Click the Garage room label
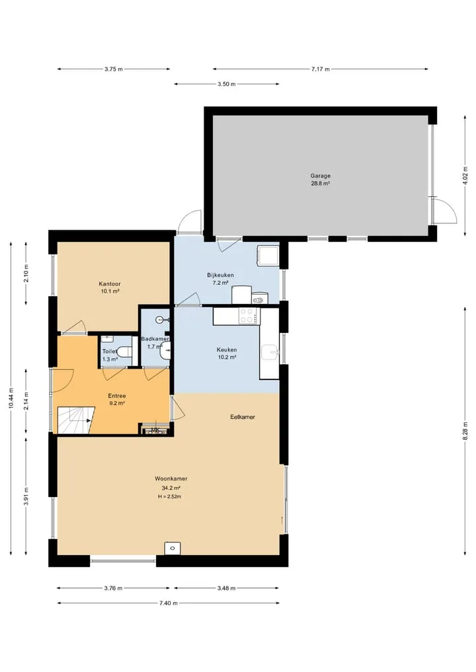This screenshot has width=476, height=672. pyautogui.click(x=321, y=176)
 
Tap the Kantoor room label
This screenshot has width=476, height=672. pyautogui.click(x=110, y=283)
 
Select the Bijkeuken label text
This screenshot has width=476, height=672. pyautogui.click(x=220, y=275)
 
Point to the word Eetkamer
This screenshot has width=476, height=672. pyautogui.click(x=243, y=416)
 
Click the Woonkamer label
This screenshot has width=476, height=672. pyautogui.click(x=171, y=478)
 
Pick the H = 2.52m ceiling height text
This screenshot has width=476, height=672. pyautogui.click(x=169, y=497)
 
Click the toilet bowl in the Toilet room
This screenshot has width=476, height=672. pyautogui.click(x=126, y=352)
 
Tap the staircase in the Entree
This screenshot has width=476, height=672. pyautogui.click(x=76, y=420)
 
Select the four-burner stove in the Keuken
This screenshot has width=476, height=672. pyautogui.click(x=249, y=316)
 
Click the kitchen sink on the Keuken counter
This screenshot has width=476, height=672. pyautogui.click(x=270, y=353)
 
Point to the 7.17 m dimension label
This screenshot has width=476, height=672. pyautogui.click(x=321, y=69)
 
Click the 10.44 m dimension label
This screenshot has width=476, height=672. pyautogui.click(x=11, y=398)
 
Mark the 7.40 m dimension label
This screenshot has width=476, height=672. pyautogui.click(x=168, y=603)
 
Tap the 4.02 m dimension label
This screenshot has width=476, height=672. pyautogui.click(x=465, y=175)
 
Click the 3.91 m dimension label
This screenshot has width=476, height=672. pyautogui.click(x=26, y=496)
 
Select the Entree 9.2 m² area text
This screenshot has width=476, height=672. pyautogui.click(x=116, y=403)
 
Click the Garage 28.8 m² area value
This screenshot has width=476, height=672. pyautogui.click(x=321, y=184)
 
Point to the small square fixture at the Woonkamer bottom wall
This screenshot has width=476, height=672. pyautogui.click(x=173, y=548)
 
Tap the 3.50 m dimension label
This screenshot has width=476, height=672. pyautogui.click(x=226, y=84)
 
